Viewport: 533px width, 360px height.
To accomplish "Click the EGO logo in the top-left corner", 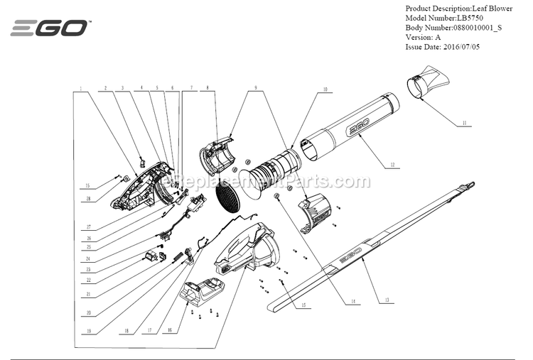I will pyautogui.click(x=49, y=28).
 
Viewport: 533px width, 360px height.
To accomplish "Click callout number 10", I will pyautogui.click(x=324, y=90).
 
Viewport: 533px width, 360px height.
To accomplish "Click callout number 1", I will pyautogui.click(x=81, y=89).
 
